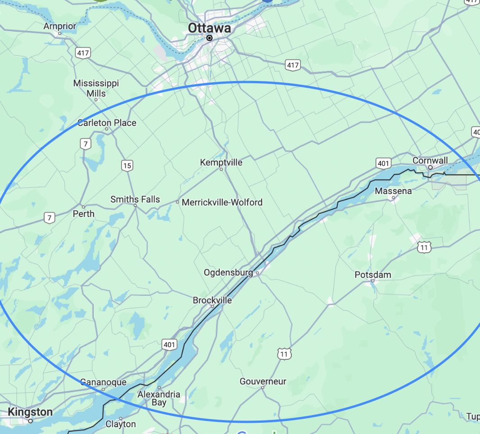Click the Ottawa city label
(x=209, y=28)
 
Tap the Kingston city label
(x=30, y=412)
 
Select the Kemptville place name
(x=221, y=162)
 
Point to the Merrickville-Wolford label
(x=222, y=202)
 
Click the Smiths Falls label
(x=135, y=199)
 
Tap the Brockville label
(x=212, y=300)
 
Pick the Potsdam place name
(x=373, y=275)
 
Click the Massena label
(x=393, y=191)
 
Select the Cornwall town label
(x=430, y=160)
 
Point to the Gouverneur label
(x=263, y=381)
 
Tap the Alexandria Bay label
(x=159, y=398)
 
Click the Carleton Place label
(x=107, y=122)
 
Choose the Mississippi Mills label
(x=96, y=88)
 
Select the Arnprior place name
(x=59, y=26)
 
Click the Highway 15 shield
(x=127, y=166)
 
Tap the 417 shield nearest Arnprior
(x=83, y=53)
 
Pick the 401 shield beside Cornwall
(x=384, y=163)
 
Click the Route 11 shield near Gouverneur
(x=284, y=354)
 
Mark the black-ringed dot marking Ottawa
(x=209, y=38)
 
